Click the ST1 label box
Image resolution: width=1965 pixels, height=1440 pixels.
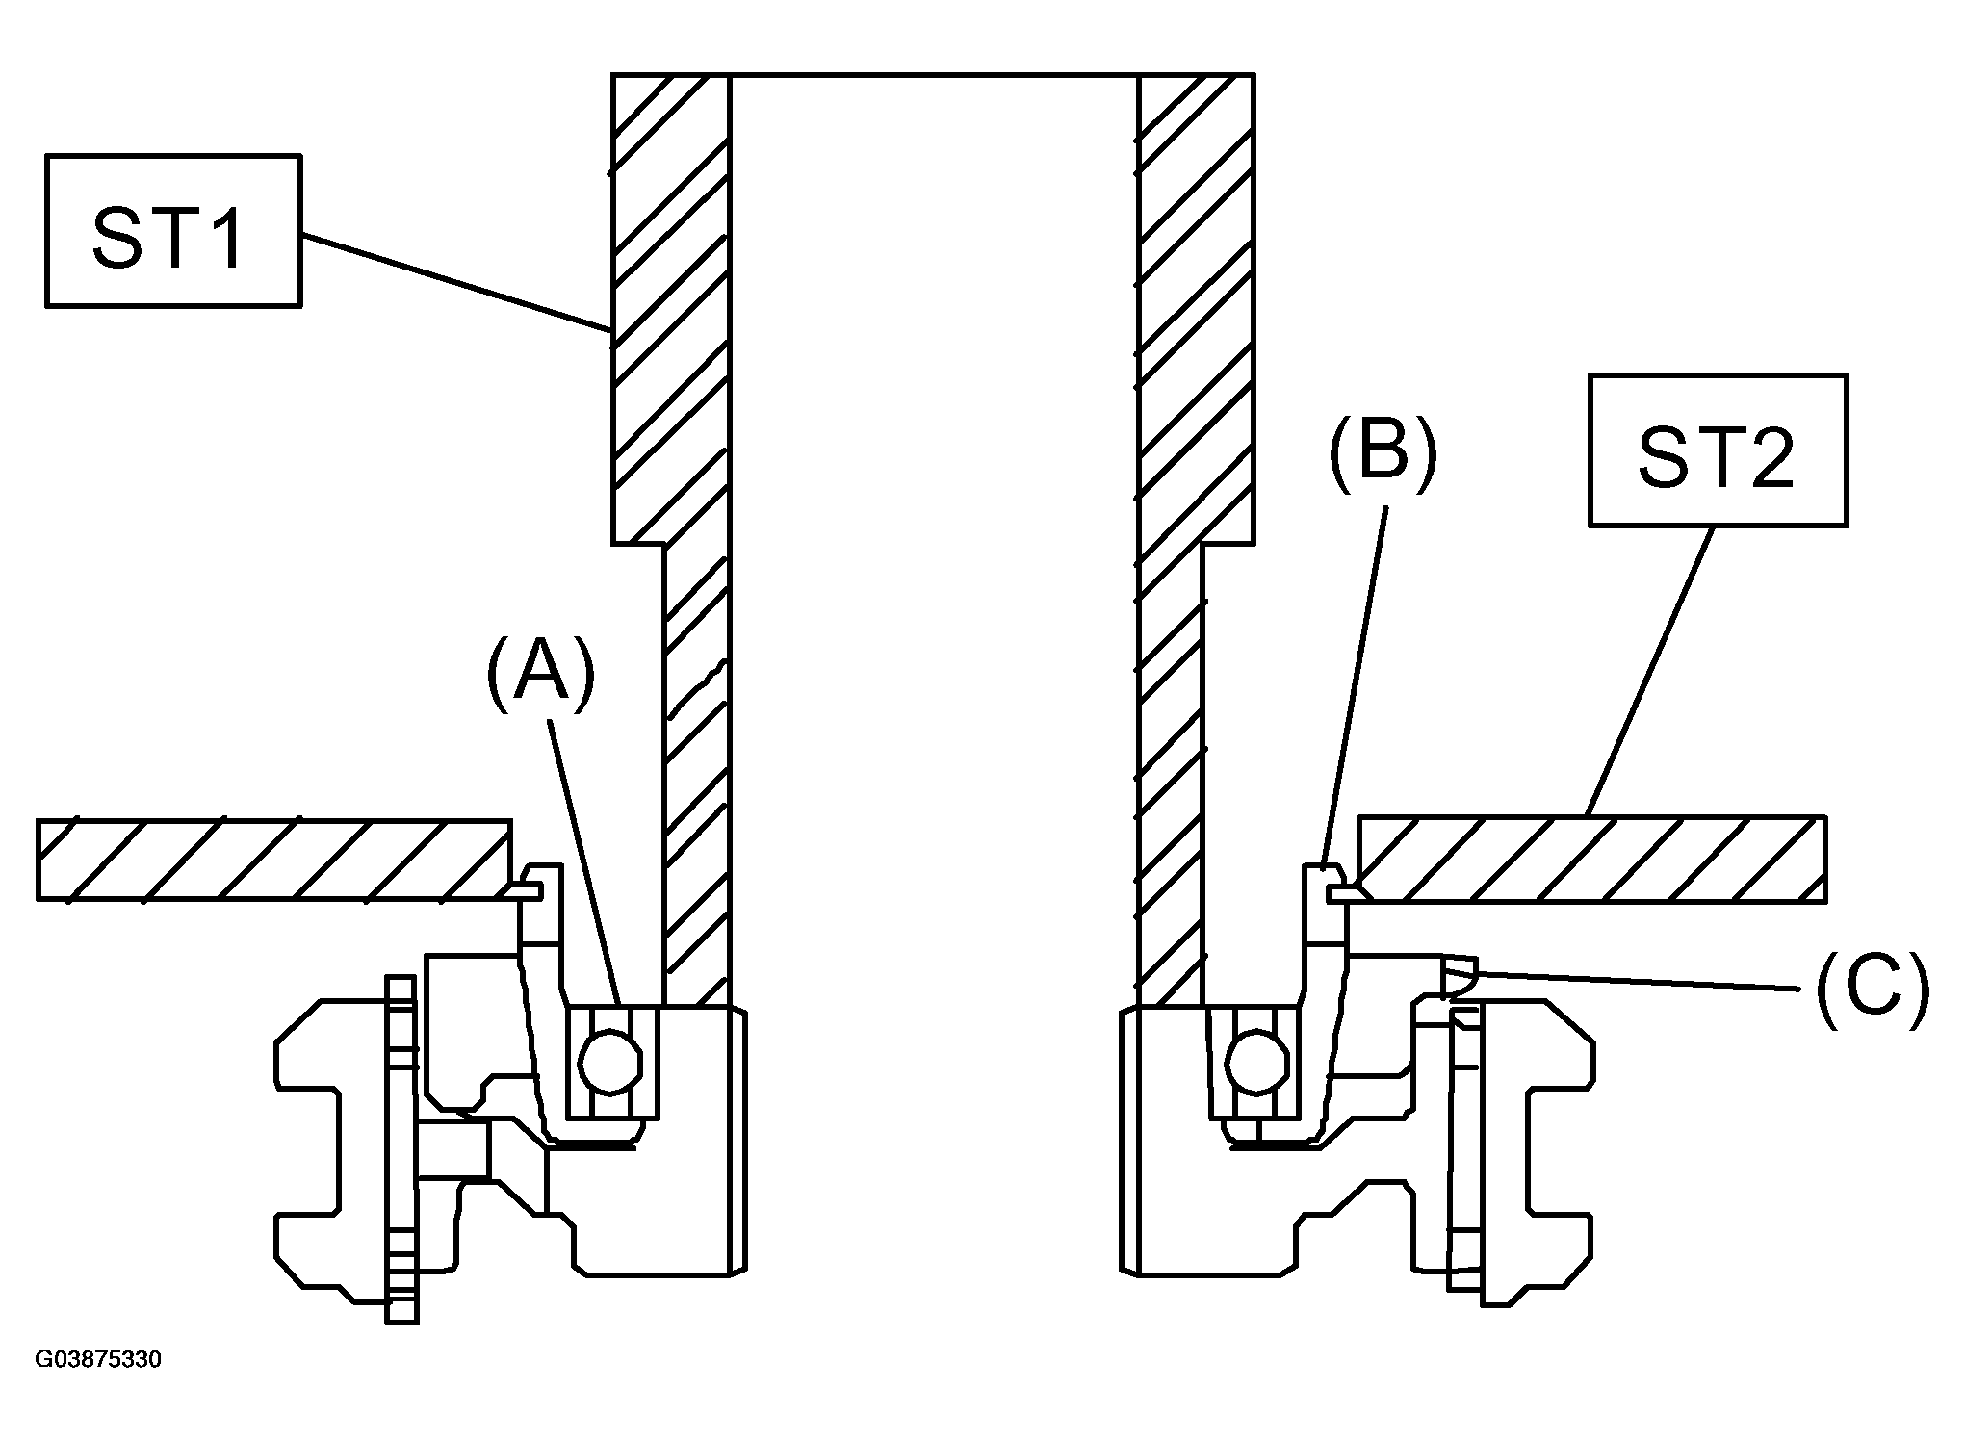173,230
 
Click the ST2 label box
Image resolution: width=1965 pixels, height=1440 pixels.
1718,450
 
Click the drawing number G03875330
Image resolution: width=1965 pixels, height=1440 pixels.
98,1360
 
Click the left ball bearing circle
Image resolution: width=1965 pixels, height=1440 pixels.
610,1062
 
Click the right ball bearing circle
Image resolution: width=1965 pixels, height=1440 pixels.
1257,1062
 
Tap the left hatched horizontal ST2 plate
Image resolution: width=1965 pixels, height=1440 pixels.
274,860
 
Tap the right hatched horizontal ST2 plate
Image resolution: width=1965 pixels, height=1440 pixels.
1590,860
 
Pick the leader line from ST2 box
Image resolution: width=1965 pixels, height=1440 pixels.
1649,671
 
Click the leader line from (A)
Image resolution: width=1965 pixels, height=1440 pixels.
585,862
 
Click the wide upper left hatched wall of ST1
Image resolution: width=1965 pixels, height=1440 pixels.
671,308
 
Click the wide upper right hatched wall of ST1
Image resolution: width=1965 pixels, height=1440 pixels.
1196,308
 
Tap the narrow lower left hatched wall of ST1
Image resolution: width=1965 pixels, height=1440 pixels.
696,775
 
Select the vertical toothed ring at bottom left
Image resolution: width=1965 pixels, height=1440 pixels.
401,1149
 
